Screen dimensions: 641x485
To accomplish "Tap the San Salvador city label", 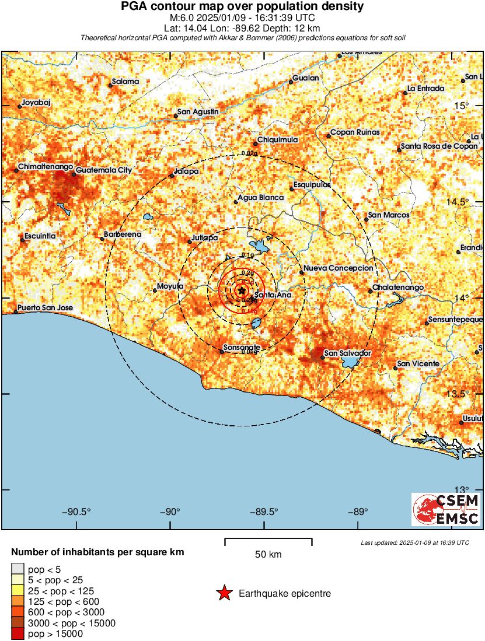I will pos(348,353).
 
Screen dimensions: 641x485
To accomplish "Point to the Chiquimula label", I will pos(278,140).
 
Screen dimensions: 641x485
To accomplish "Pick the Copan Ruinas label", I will pos(355,132).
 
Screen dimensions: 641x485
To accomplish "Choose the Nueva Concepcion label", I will pos(339,268).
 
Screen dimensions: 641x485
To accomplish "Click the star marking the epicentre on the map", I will pos(242,290).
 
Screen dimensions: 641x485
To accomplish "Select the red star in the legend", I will pos(224,594).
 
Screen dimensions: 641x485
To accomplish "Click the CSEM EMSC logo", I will pos(446,509).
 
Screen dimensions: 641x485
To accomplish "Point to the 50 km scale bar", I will pos(268,541).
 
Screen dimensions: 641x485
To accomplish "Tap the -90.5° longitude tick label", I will pos(76,512).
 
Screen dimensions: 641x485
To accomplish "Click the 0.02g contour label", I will pos(249,153).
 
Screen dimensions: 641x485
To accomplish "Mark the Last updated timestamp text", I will pos(415,542).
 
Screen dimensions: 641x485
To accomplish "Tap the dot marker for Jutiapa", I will pos(190,242).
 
